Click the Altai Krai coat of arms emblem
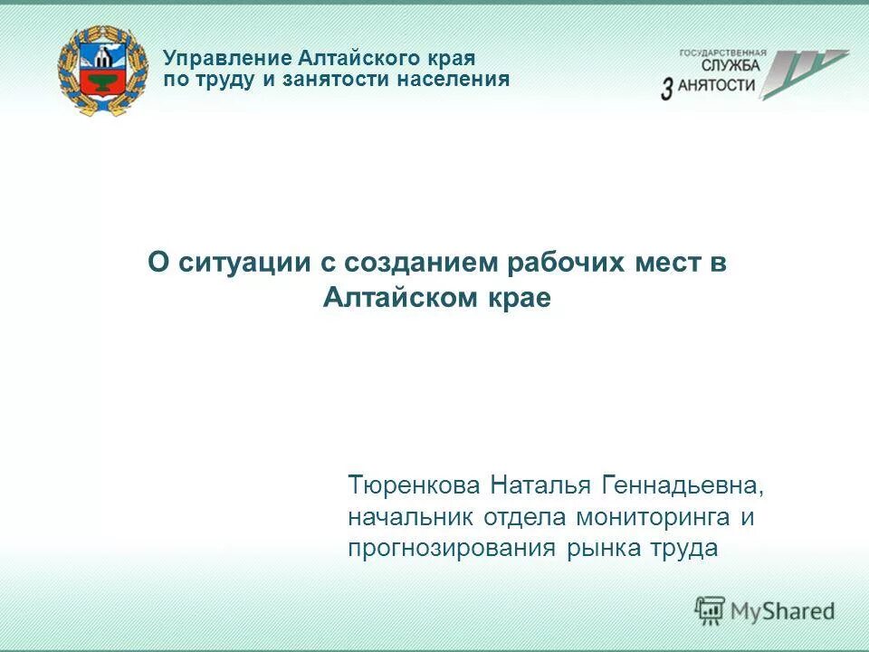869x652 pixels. coord(101,70)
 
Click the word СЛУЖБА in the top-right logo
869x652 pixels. coord(731,66)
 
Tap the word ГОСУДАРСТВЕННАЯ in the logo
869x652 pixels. coord(722,53)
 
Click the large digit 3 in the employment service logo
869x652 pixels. coord(667,88)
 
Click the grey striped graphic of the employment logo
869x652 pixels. coord(800,72)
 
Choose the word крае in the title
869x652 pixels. coord(520,298)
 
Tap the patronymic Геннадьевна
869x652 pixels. coord(682,486)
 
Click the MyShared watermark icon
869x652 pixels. coord(710,609)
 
